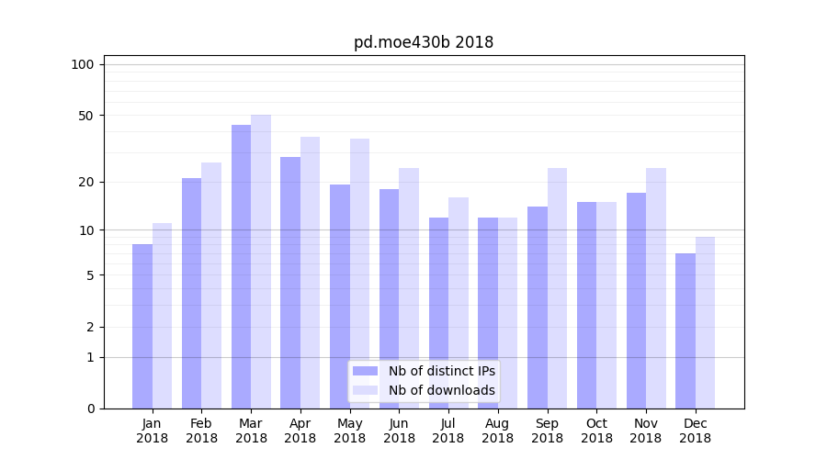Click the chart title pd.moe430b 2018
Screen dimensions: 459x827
tap(424, 42)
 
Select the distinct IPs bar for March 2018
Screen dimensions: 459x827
tap(241, 266)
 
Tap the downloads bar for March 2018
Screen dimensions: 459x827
tap(261, 262)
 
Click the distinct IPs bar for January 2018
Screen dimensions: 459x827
tap(142, 326)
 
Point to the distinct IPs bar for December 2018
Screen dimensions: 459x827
tap(685, 330)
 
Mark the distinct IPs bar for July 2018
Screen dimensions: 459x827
tap(438, 312)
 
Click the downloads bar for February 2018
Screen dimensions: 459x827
tap(211, 285)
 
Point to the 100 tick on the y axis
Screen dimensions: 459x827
tap(83, 64)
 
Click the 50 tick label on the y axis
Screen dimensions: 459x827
tap(86, 116)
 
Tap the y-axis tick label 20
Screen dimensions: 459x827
tap(86, 182)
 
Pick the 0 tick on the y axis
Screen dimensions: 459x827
tap(90, 409)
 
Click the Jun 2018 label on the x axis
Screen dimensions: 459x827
tap(399, 431)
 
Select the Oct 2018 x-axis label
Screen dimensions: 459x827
tap(596, 431)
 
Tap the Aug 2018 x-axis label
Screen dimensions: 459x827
tap(498, 431)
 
